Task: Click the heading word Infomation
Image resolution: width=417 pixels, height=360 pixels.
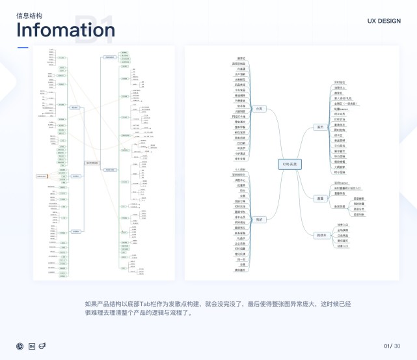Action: coord(65,30)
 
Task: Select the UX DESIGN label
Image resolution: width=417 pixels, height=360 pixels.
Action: coord(384,21)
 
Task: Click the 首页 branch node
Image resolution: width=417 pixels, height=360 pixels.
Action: coord(319,127)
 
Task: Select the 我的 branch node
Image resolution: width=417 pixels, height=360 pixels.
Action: coord(258,219)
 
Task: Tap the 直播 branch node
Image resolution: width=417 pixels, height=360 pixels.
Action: coord(319,197)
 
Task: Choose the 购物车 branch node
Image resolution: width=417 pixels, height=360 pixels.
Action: coord(321,236)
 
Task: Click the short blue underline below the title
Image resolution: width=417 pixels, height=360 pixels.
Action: coord(22,48)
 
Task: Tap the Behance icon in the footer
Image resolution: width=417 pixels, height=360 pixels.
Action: coord(31,345)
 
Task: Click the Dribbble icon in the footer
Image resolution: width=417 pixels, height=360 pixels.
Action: coord(20,345)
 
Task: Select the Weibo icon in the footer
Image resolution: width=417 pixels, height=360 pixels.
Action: coord(42,345)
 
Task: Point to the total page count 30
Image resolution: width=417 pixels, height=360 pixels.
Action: coord(397,345)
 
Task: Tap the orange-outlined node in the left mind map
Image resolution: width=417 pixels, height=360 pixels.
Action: coord(43,176)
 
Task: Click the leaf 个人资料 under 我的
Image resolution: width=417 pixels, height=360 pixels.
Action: coord(239,169)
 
